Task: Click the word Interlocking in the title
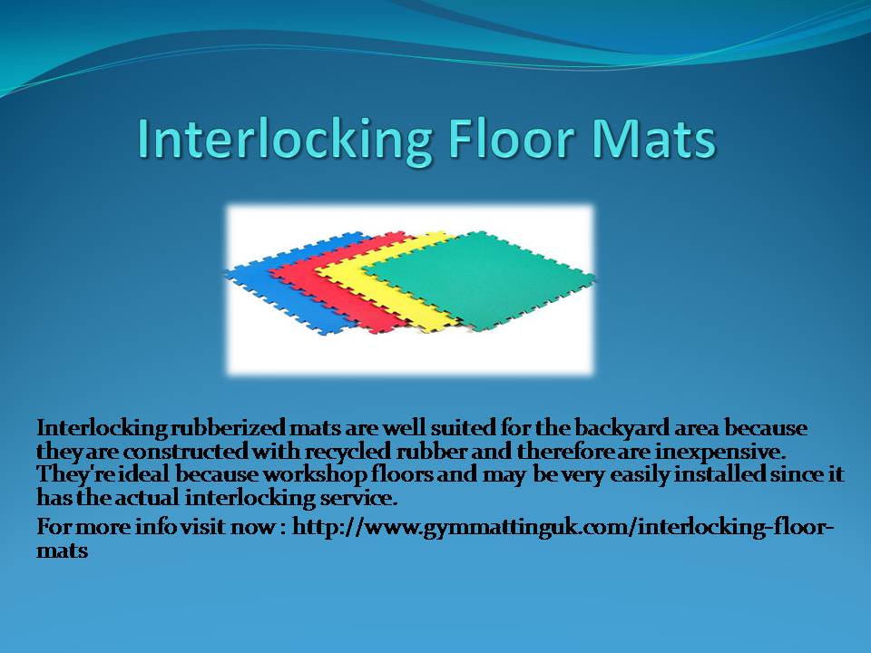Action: point(284,140)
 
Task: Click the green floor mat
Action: point(479,278)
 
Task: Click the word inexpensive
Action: point(720,452)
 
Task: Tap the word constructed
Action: point(185,452)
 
